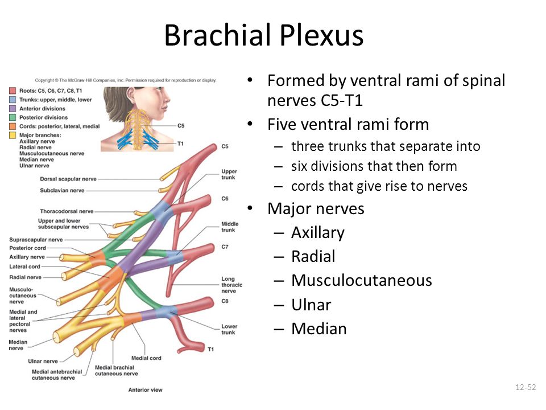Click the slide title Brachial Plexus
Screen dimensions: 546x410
(x=263, y=35)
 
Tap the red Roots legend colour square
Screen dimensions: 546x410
(x=13, y=91)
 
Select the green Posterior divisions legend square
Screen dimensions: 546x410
(x=13, y=117)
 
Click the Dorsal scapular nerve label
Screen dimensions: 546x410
(x=68, y=179)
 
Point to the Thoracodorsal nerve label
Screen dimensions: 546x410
(x=67, y=211)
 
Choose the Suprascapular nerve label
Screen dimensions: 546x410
(x=36, y=240)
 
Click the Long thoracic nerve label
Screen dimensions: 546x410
(x=231, y=285)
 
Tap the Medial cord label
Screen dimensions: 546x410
(x=146, y=358)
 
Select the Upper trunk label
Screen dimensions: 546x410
(x=229, y=174)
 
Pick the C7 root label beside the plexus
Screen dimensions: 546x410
(x=225, y=247)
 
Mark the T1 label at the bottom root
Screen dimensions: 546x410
(x=210, y=349)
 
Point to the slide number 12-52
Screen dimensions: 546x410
(x=526, y=387)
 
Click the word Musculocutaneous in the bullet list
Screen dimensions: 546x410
(x=362, y=281)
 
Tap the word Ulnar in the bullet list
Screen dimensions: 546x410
(x=311, y=305)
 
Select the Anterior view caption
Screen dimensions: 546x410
(x=145, y=389)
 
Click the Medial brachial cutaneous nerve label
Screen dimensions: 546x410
(x=116, y=371)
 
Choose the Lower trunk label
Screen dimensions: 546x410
(x=229, y=330)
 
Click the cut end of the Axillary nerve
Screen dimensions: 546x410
(x=61, y=258)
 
